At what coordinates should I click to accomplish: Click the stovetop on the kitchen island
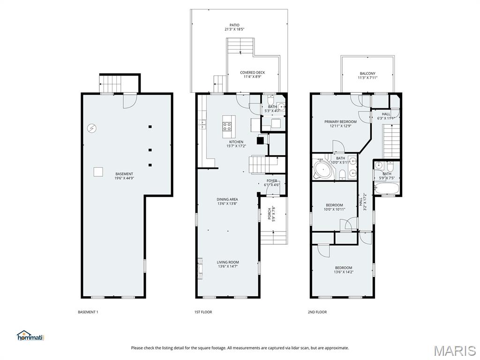pyautogui.click(x=227, y=126)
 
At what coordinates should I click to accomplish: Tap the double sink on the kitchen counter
pyautogui.click(x=202, y=124)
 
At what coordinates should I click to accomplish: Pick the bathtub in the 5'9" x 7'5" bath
pyautogui.click(x=387, y=189)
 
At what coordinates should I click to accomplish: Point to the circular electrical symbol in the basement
pyautogui.click(x=92, y=127)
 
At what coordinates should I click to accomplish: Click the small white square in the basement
pyautogui.click(x=97, y=172)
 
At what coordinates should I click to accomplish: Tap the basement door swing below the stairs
pyautogui.click(x=129, y=101)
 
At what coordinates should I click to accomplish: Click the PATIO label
pyautogui.click(x=234, y=25)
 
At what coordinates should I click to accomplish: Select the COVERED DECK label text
pyautogui.click(x=252, y=73)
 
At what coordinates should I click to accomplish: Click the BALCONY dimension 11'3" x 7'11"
pyautogui.click(x=367, y=78)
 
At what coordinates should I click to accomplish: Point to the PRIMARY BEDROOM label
pyautogui.click(x=340, y=122)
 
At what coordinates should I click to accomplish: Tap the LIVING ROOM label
pyautogui.click(x=228, y=262)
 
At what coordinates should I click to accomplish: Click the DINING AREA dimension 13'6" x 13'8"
pyautogui.click(x=227, y=203)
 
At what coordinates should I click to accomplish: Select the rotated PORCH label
pyautogui.click(x=270, y=214)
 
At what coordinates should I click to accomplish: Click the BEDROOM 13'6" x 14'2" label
pyautogui.click(x=343, y=268)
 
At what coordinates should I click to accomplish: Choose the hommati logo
pyautogui.click(x=30, y=336)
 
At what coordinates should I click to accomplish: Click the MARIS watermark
pyautogui.click(x=454, y=351)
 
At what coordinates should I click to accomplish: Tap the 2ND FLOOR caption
pyautogui.click(x=317, y=312)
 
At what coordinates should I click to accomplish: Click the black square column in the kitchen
pyautogui.click(x=261, y=139)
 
